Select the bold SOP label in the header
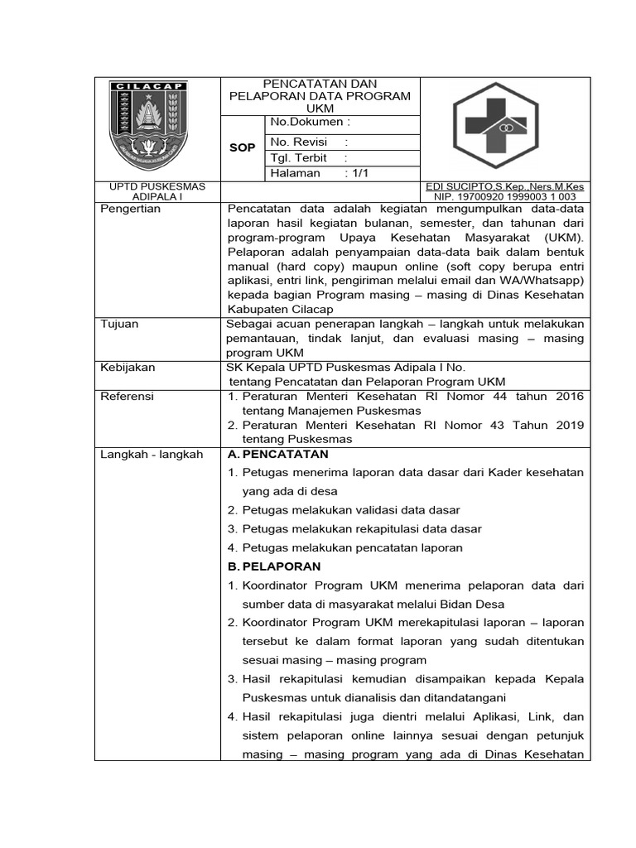coord(242,147)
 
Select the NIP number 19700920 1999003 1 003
coord(510,197)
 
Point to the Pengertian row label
coord(130,209)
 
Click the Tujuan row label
coord(119,325)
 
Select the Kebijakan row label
coord(128,368)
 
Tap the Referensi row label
coord(127,397)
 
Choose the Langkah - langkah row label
coord(152,455)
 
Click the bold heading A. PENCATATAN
coord(277,455)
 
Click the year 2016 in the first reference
coord(569,397)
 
